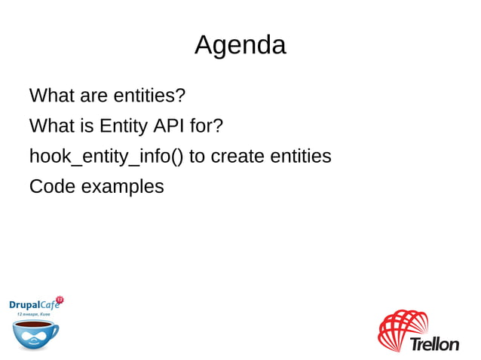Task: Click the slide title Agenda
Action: pyautogui.click(x=240, y=45)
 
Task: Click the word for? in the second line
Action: pyautogui.click(x=206, y=126)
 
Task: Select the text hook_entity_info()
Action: pyautogui.click(x=106, y=157)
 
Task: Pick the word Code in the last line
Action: pyautogui.click(x=52, y=186)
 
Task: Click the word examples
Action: pyautogui.click(x=122, y=187)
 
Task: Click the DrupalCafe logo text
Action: pyautogui.click(x=33, y=304)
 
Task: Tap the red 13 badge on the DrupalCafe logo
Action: pyautogui.click(x=60, y=300)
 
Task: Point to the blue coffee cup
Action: pyautogui.click(x=33, y=334)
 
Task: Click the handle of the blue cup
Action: pyautogui.click(x=55, y=330)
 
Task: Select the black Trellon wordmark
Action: pyautogui.click(x=434, y=344)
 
